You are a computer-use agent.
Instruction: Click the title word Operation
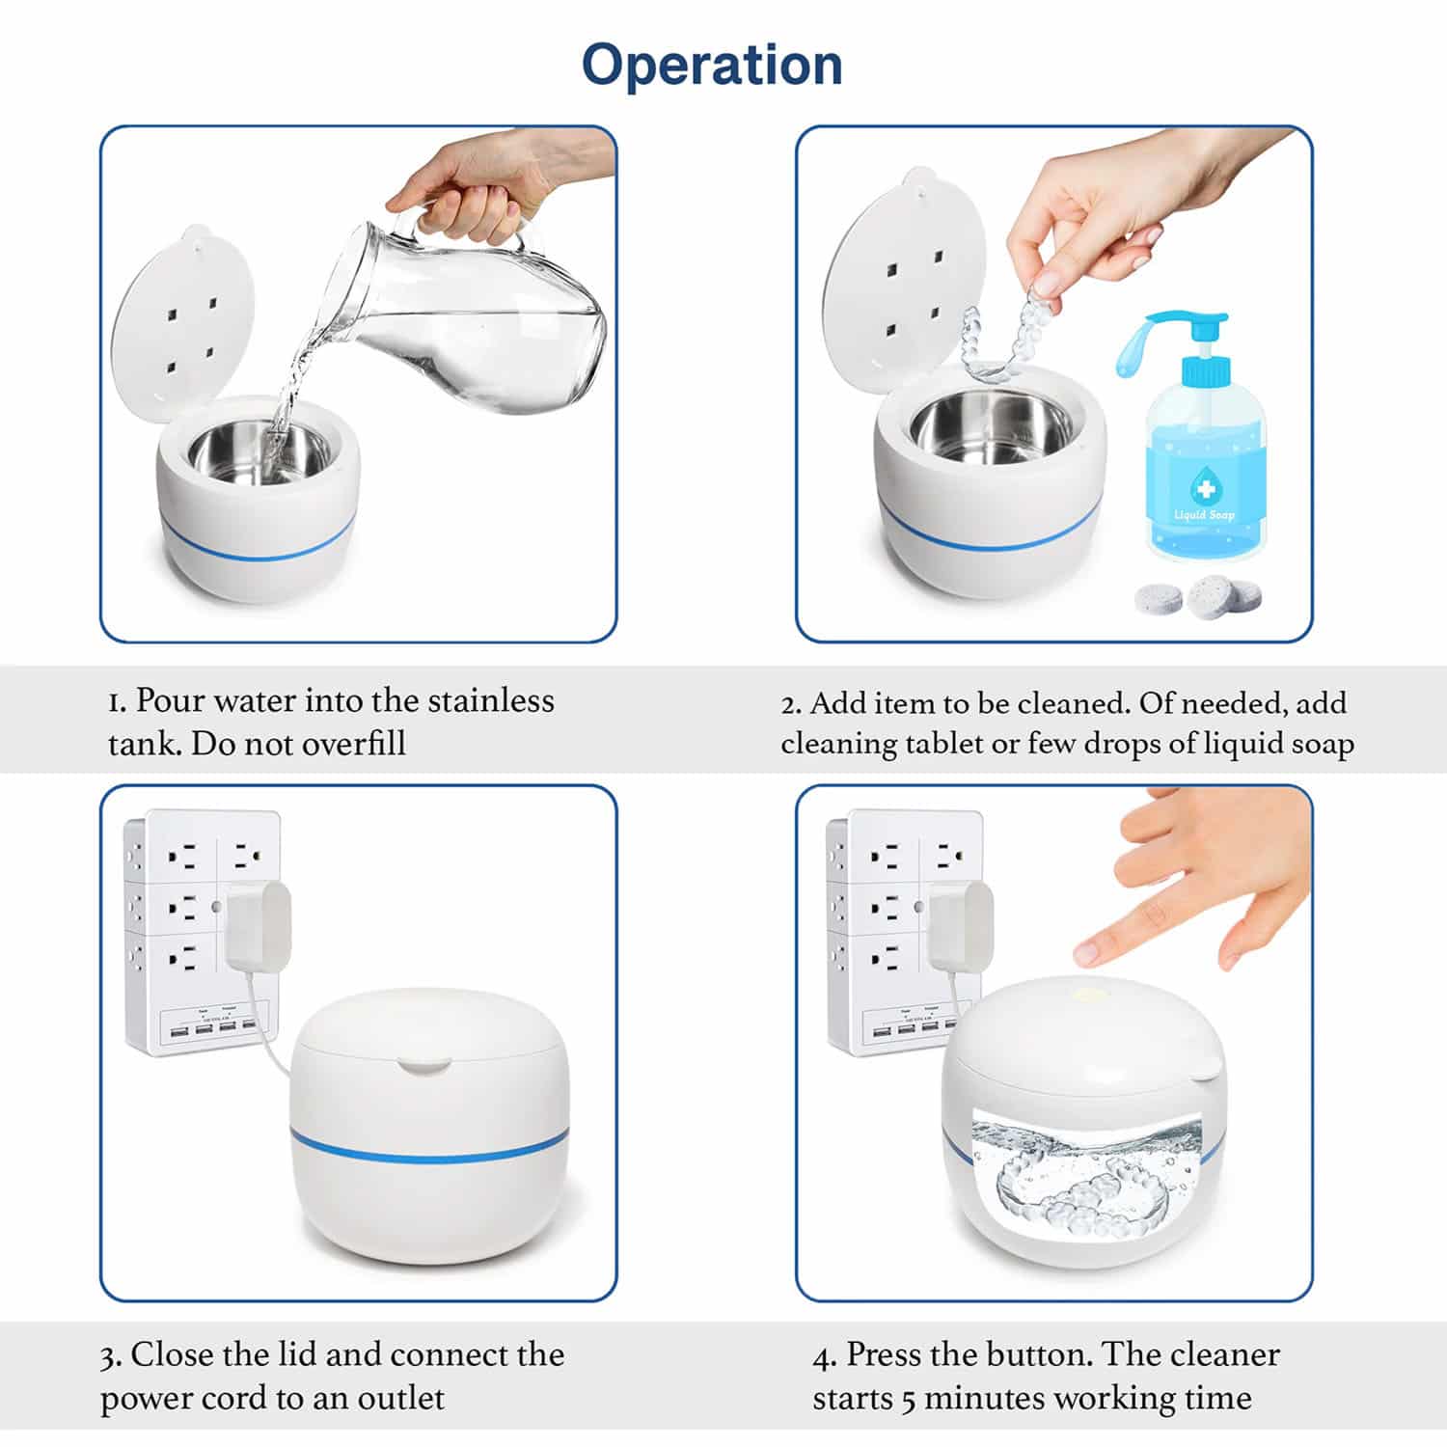[712, 66]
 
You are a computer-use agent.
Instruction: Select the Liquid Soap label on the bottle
[1204, 514]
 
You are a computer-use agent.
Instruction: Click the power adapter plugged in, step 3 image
[258, 925]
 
